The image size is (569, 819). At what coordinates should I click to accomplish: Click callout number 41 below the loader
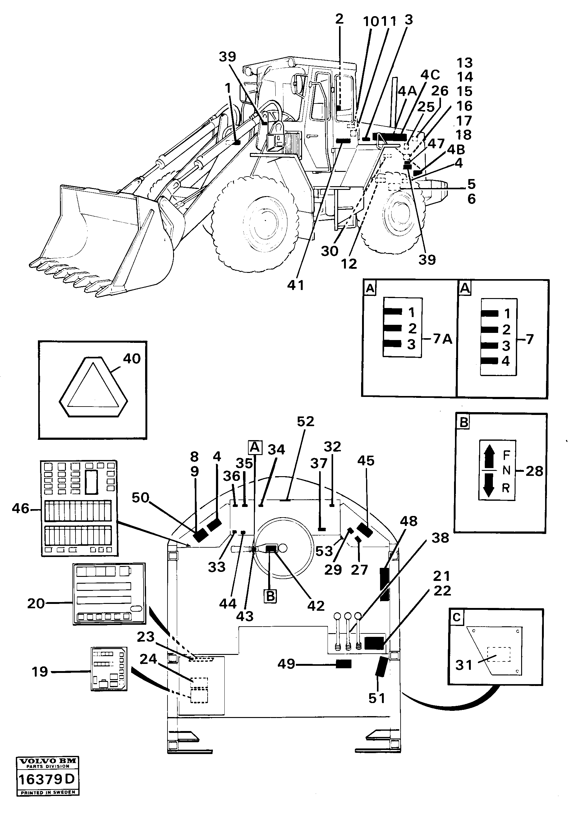tap(296, 285)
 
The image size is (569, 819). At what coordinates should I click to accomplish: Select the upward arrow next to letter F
tap(489, 458)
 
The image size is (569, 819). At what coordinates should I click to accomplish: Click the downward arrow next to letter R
tap(489, 485)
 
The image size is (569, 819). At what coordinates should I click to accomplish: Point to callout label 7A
tap(443, 338)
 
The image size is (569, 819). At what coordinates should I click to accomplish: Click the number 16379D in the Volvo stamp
tap(47, 780)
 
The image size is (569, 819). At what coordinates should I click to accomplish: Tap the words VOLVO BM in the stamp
tap(48, 761)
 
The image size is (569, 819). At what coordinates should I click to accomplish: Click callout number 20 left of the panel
tap(36, 604)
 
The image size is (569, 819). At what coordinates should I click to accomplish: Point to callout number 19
tap(39, 672)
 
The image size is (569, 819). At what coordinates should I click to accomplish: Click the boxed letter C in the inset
tap(457, 617)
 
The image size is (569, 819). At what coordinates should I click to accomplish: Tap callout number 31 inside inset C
tap(463, 665)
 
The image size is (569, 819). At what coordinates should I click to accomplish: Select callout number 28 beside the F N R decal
tap(534, 471)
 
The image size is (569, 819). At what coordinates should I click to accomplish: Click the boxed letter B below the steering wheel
tap(271, 596)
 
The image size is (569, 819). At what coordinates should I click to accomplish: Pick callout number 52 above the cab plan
tap(305, 421)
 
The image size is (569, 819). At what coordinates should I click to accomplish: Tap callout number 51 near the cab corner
tap(377, 698)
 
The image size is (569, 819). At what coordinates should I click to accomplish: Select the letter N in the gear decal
tap(506, 471)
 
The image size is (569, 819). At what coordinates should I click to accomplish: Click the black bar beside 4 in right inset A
tap(489, 361)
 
